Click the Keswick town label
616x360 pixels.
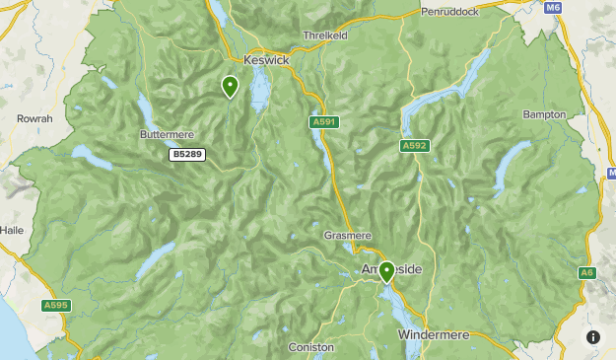click(x=266, y=60)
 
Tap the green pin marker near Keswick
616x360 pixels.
click(x=230, y=87)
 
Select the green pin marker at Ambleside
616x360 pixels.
click(x=386, y=271)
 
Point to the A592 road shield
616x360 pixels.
click(x=414, y=146)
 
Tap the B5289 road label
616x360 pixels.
click(x=187, y=155)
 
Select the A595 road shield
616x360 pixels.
click(x=56, y=306)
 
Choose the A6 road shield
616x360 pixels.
click(x=587, y=272)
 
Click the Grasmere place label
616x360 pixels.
click(x=347, y=237)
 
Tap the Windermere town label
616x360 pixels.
click(x=439, y=335)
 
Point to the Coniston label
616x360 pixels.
click(x=311, y=347)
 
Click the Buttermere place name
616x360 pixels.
click(x=168, y=133)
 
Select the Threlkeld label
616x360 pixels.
click(x=326, y=34)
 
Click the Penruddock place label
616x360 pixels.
click(x=449, y=12)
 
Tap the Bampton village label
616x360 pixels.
click(x=544, y=114)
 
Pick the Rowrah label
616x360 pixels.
click(x=34, y=118)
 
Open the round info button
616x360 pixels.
click(x=593, y=337)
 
